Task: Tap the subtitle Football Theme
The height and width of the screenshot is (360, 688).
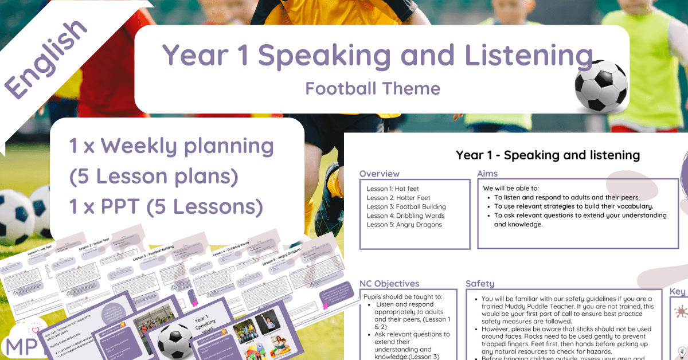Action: (x=373, y=88)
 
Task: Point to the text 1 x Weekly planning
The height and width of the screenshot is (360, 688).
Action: (x=171, y=147)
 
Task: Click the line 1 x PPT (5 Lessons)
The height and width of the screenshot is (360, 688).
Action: (x=166, y=206)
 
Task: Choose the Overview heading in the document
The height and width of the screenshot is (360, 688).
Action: (x=380, y=174)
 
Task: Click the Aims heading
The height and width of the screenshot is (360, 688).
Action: (x=487, y=174)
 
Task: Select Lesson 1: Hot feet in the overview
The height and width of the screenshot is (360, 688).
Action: (x=395, y=188)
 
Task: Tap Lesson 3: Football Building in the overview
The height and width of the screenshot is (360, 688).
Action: (x=406, y=206)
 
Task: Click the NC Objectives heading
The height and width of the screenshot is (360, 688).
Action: (x=389, y=283)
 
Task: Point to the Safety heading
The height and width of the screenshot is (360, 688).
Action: (x=480, y=283)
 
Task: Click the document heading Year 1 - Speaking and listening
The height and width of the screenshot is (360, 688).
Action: (x=548, y=155)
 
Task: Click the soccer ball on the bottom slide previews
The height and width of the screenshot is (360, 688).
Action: (x=174, y=342)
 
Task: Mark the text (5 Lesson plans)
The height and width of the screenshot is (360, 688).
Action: (x=154, y=177)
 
